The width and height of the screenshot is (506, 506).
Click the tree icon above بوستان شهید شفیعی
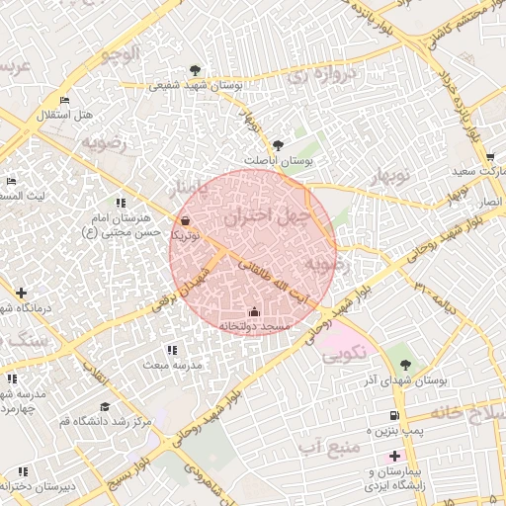tap(195, 70)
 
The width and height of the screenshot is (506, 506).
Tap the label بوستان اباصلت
tap(278, 159)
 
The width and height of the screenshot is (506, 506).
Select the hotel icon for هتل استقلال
tap(64, 101)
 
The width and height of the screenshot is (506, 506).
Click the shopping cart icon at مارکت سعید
tap(489, 157)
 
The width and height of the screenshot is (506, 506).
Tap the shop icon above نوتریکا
tap(187, 221)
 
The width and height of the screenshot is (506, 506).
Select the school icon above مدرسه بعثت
tap(173, 350)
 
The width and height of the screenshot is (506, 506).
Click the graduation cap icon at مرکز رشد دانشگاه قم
tap(104, 406)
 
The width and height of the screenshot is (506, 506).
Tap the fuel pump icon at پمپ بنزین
tap(395, 416)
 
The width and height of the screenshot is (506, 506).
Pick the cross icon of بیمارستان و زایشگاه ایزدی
tap(395, 456)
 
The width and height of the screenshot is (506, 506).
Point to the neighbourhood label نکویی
tap(341, 351)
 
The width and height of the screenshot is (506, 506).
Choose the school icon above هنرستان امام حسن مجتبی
tap(122, 203)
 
